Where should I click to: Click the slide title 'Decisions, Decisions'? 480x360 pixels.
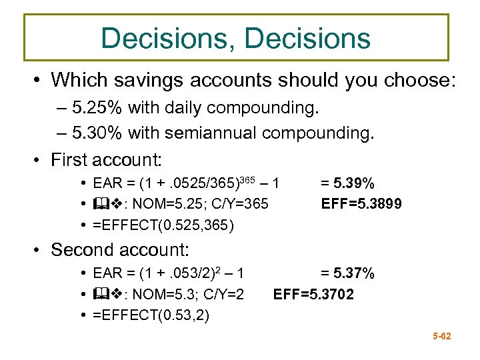click(x=236, y=38)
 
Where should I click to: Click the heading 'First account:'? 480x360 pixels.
click(x=107, y=160)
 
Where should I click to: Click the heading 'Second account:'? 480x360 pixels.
click(x=120, y=251)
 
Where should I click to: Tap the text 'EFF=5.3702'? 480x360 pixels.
click(x=314, y=294)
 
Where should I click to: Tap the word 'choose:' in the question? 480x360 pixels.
click(x=419, y=81)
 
